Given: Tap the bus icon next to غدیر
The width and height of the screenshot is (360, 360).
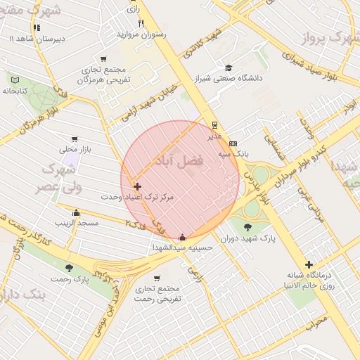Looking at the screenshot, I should (x=214, y=124).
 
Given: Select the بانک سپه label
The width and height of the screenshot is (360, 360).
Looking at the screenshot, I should (x=233, y=153).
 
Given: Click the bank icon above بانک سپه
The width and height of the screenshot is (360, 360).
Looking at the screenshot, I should (x=233, y=143).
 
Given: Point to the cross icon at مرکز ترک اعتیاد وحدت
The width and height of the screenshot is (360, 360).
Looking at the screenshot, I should (x=137, y=187).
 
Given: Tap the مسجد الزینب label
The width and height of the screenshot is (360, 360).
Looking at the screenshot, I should (x=77, y=223).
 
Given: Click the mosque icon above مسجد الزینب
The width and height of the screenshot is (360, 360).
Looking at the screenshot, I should (x=77, y=213).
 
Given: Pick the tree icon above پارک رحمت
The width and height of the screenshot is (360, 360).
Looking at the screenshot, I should (x=69, y=268).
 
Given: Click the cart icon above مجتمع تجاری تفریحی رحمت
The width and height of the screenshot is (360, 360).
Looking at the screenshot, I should (x=156, y=278).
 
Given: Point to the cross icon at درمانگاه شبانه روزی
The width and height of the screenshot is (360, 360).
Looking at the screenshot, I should (x=309, y=264).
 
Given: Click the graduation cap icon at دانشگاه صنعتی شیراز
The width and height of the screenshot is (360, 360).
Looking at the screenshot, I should (x=228, y=68).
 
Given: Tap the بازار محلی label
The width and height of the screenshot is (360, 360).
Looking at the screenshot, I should (x=72, y=149).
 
